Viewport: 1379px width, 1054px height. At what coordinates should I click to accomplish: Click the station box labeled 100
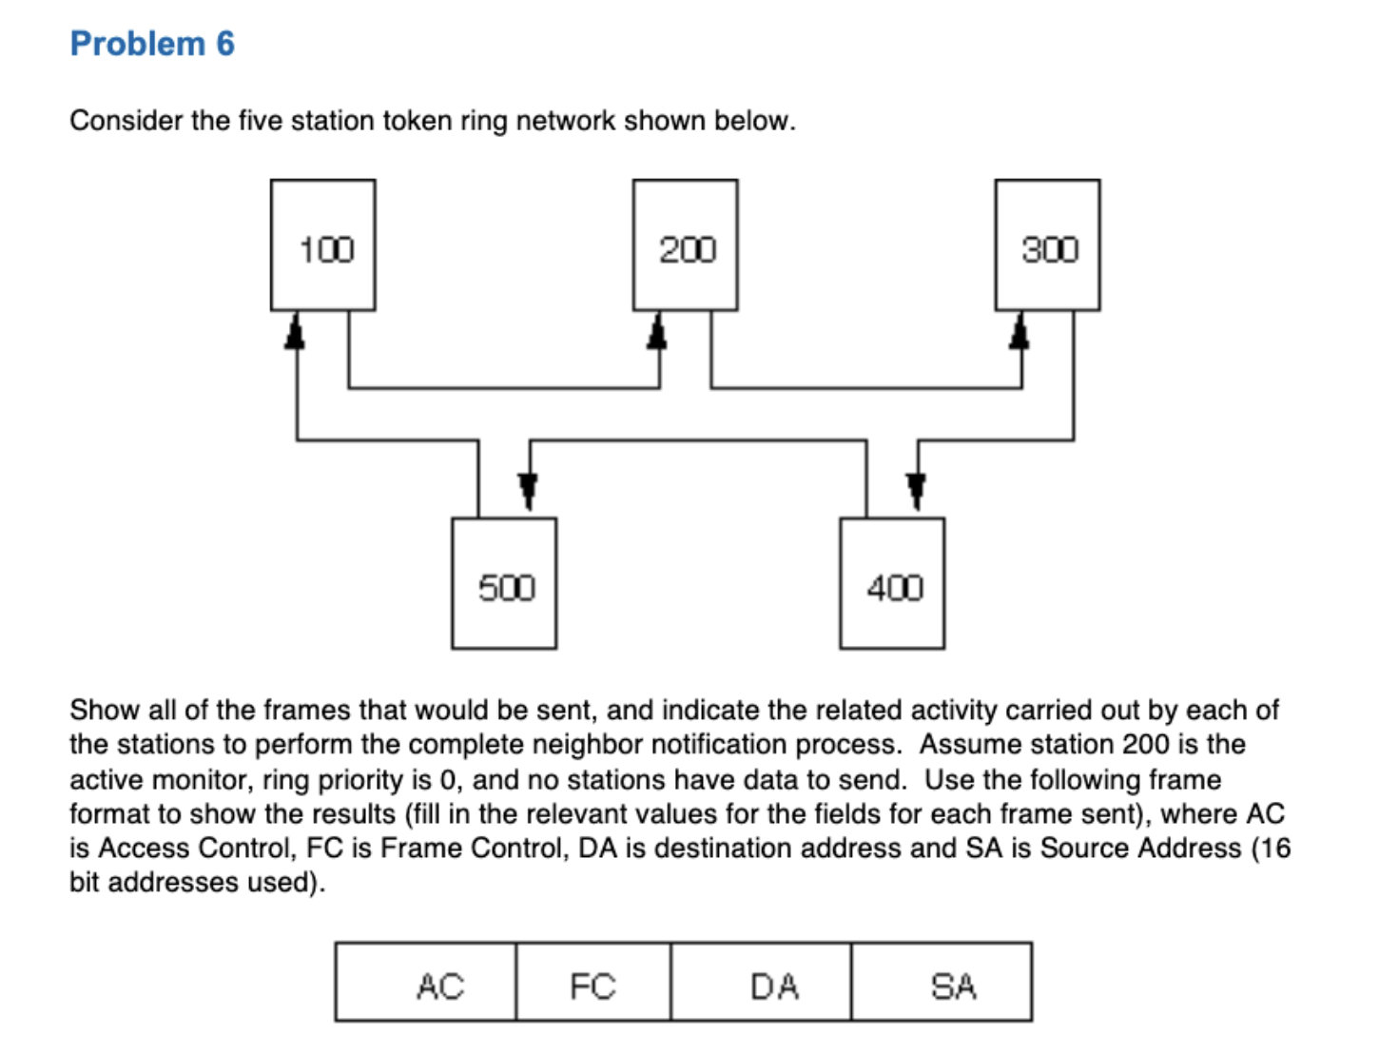(x=322, y=245)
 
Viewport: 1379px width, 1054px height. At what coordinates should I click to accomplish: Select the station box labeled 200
(x=685, y=245)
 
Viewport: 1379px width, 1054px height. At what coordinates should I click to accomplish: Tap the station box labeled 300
(x=1047, y=245)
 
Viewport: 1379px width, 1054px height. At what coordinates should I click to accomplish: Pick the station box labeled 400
(x=891, y=584)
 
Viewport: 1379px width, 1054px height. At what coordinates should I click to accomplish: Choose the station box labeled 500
(x=503, y=584)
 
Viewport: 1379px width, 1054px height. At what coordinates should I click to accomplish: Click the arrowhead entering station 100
(x=296, y=332)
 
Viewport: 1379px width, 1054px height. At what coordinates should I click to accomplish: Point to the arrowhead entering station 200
(x=657, y=332)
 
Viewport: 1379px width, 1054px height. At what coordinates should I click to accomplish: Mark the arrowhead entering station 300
(x=1020, y=332)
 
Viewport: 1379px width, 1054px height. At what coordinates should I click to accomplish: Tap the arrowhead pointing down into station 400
(x=916, y=489)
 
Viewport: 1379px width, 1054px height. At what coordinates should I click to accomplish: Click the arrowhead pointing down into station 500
(x=528, y=489)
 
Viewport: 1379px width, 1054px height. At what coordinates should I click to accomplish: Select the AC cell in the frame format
(x=426, y=983)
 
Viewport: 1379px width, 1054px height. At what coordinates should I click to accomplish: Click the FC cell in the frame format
(x=593, y=983)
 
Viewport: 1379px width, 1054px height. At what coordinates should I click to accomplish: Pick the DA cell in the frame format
(x=761, y=983)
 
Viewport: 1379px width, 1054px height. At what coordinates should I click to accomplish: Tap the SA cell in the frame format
(x=942, y=983)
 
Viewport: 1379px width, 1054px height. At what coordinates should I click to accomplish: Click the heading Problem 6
(x=152, y=44)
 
